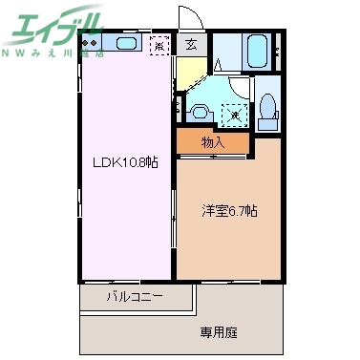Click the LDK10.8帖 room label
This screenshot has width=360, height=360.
(x=124, y=162)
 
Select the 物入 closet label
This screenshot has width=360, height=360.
(x=214, y=142)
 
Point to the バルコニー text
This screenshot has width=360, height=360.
(x=135, y=297)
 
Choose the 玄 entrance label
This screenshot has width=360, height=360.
(x=191, y=43)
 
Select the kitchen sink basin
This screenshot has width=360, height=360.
(x=125, y=43)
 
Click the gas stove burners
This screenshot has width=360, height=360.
(x=91, y=43)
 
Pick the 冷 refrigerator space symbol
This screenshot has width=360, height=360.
(x=160, y=44)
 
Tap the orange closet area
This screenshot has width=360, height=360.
(x=214, y=142)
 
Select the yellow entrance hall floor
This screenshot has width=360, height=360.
(x=192, y=69)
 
